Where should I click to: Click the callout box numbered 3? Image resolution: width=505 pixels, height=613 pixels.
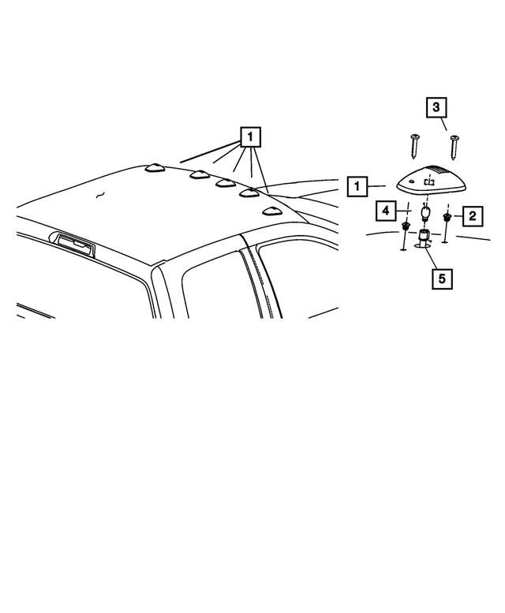437,107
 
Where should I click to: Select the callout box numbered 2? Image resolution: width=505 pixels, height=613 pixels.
472,215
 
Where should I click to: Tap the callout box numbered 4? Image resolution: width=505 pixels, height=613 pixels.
385,211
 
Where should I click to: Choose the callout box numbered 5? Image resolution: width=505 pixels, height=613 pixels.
442,278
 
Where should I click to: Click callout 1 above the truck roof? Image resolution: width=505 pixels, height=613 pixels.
249,137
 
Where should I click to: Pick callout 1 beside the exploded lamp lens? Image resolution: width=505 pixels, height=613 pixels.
357,187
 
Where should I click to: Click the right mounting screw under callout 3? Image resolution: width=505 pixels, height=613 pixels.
454,148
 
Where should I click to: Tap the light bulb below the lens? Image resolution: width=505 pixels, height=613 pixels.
425,213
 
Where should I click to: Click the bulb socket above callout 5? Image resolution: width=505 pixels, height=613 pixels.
424,236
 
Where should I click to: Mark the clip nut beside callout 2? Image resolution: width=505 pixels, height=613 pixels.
447,216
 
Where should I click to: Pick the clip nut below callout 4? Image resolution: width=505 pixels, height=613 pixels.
406,228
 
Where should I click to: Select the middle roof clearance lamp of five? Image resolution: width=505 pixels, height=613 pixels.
225,183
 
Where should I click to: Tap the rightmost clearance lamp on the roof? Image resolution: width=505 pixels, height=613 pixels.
272,211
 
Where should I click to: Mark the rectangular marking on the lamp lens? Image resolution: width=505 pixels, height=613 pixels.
430,181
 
